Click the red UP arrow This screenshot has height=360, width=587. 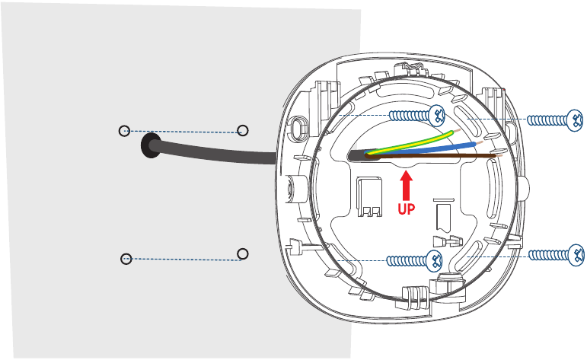pyautogui.click(x=406, y=185)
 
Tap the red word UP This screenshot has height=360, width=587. pyautogui.click(x=407, y=209)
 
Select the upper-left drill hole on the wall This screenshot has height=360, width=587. pyautogui.click(x=124, y=131)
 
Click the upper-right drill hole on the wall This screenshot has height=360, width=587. pyautogui.click(x=243, y=130)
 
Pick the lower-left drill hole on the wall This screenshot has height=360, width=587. pyautogui.click(x=126, y=259)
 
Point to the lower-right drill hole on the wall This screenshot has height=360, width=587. pyautogui.click(x=243, y=254)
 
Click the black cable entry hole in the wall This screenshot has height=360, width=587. pyautogui.click(x=151, y=145)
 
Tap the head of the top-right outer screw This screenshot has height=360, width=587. pyautogui.click(x=575, y=120)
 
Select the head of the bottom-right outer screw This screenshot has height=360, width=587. pyautogui.click(x=576, y=255)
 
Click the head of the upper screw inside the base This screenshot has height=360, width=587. pyautogui.click(x=437, y=115)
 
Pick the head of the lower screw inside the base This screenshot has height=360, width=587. pyautogui.click(x=434, y=260)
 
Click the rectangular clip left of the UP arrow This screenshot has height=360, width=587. pyautogui.click(x=368, y=197)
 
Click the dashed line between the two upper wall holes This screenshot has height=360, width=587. pyautogui.click(x=183, y=132)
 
